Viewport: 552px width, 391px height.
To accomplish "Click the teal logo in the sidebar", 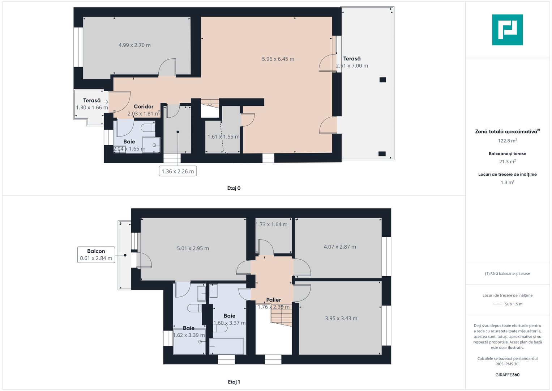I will coord(507,30).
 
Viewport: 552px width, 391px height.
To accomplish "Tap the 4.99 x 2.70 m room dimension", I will coord(134,45).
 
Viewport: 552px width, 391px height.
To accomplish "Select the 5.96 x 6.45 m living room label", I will coord(278,59).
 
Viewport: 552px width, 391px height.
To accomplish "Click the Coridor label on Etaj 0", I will coord(144,106).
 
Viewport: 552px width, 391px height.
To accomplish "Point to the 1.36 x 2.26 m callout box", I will coord(177,171).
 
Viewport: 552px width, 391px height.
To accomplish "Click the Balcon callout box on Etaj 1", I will coord(96,255).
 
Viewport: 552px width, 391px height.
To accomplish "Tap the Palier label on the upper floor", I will coord(273,300).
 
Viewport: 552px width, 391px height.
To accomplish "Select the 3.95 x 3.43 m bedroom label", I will coord(341,319).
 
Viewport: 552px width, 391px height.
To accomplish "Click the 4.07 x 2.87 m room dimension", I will coord(340,247).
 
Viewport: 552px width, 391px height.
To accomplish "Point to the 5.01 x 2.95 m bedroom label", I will coord(193,248).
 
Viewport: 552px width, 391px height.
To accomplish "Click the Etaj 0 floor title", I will coord(234,188).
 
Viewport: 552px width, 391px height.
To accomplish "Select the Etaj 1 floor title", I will coord(234,382).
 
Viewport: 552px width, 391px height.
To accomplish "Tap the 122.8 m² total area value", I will coord(507,141).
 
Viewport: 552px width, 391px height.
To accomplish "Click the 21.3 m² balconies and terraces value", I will coord(507,162).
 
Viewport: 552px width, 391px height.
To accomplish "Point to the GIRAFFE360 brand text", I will coord(507,375).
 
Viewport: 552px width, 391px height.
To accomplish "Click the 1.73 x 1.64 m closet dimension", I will coord(271,224).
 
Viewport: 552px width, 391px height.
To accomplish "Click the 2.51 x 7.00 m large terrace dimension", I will coord(352,66).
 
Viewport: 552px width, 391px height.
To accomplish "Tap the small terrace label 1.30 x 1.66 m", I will coord(92,108).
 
